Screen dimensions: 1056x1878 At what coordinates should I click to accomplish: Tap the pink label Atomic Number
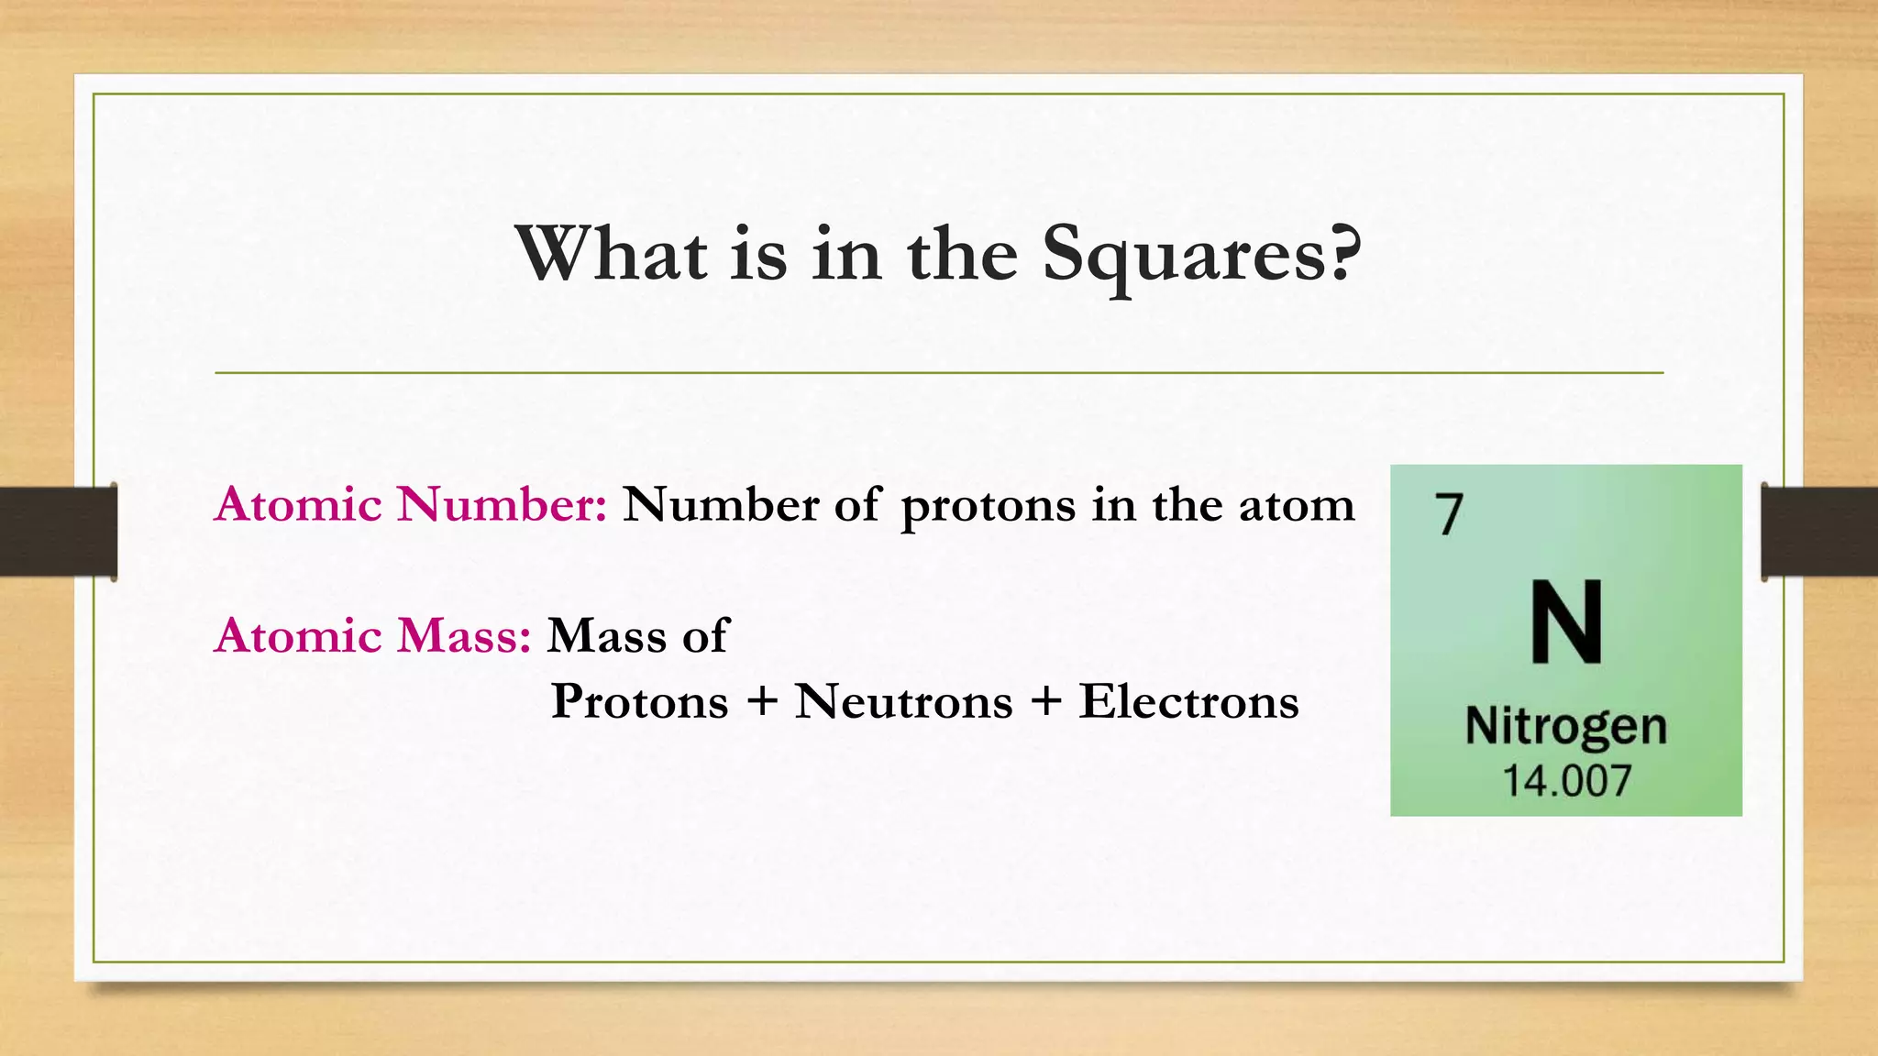410,505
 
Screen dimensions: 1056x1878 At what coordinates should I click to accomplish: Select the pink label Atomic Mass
372,636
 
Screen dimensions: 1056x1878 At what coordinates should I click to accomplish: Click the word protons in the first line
988,507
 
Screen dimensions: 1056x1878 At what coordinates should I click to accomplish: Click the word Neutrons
903,702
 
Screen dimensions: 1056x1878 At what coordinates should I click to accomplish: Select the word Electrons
1188,702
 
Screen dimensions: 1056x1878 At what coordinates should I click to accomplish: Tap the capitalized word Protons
639,702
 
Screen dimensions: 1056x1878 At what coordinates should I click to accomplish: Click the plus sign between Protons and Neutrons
762,703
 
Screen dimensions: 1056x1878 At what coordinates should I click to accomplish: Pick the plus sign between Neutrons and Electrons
1046,703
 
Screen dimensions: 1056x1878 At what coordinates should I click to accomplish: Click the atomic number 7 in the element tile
1450,514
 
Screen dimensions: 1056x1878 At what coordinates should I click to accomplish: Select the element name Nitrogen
1565,728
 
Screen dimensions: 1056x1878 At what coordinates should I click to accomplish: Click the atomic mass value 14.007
1566,781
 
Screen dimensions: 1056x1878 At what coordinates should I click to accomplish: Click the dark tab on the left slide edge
58,532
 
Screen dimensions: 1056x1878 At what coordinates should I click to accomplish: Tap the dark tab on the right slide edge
1819,532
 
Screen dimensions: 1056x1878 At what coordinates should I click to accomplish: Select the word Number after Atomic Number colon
720,505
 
